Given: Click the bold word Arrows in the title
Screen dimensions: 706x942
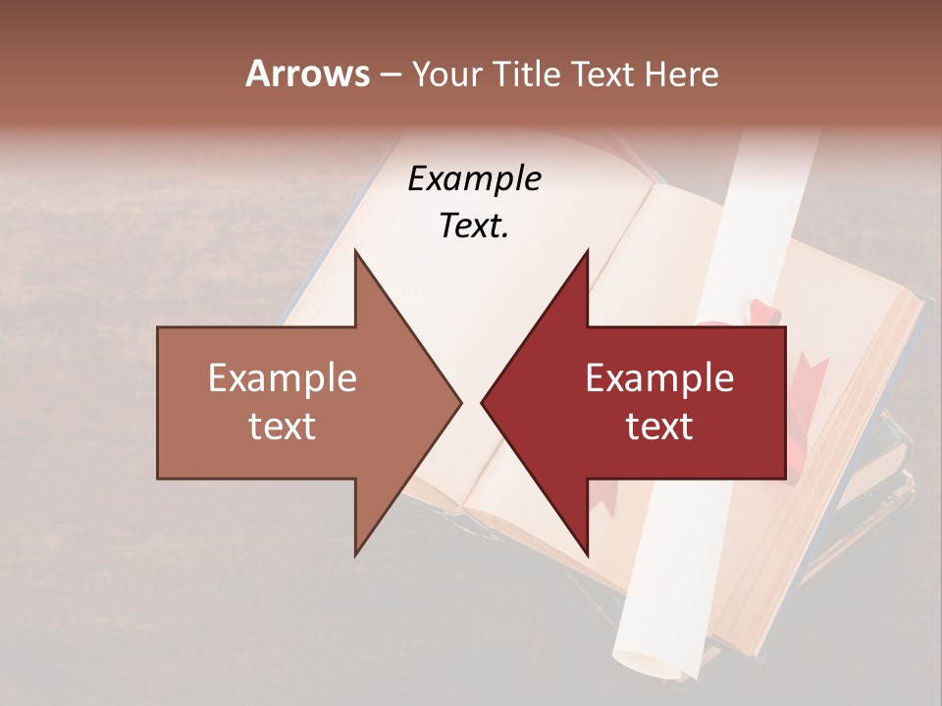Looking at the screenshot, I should [x=307, y=74].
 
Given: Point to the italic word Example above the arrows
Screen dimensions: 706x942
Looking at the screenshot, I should [x=474, y=178].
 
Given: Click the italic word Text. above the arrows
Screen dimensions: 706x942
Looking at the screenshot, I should [x=474, y=226].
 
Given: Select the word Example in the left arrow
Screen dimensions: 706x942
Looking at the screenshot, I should [x=283, y=378].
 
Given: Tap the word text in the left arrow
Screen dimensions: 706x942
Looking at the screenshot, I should [x=283, y=426].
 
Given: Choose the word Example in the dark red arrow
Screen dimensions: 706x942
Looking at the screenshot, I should [x=659, y=378].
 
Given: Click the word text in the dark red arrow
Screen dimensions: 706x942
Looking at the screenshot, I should [x=659, y=426].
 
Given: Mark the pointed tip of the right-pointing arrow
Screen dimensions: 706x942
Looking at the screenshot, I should [x=461, y=402].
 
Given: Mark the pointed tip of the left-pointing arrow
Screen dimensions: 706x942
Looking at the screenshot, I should [x=482, y=402].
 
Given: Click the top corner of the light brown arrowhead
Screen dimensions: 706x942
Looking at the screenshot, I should [x=355, y=251].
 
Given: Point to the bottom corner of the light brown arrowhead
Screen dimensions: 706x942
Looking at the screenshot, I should [x=355, y=555].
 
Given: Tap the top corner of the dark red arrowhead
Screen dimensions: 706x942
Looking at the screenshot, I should [x=587, y=251].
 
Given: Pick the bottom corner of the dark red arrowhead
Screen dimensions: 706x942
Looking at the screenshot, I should [x=587, y=555].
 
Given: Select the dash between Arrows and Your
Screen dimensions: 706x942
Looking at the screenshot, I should [x=390, y=75].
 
